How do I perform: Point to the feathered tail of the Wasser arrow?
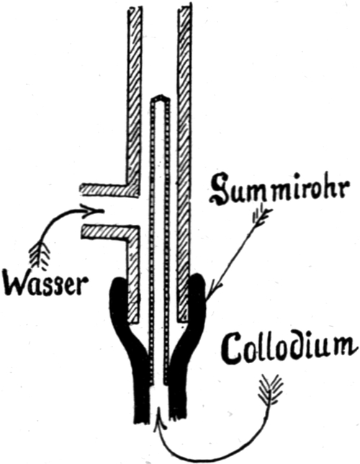[x=40, y=254]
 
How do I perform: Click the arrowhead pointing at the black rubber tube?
[x=212, y=289]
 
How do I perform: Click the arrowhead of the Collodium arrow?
[x=159, y=417]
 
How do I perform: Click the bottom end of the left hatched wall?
[x=132, y=321]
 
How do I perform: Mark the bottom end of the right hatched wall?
[x=183, y=320]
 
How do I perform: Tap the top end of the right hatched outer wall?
[x=184, y=8]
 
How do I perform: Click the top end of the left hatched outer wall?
[x=135, y=9]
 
